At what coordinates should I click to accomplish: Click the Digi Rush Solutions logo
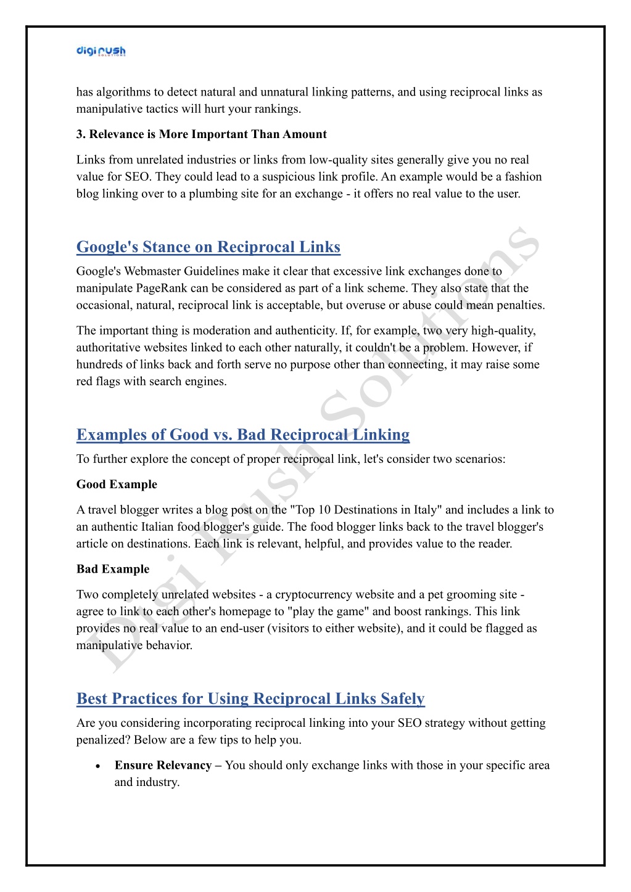pos(101,51)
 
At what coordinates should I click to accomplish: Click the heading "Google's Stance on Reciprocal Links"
pos(208,247)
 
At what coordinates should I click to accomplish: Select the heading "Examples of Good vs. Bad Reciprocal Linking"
pos(242,435)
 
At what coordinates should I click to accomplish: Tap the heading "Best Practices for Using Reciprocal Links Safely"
pos(250,698)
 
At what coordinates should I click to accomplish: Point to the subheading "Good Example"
pos(117,485)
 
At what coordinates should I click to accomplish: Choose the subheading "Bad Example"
pos(113,569)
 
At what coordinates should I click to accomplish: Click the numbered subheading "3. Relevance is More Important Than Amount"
pos(201,134)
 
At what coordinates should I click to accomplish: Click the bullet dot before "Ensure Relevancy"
pos(98,766)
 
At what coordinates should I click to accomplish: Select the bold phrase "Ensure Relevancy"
pos(163,766)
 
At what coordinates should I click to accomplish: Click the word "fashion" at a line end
pos(523,176)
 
